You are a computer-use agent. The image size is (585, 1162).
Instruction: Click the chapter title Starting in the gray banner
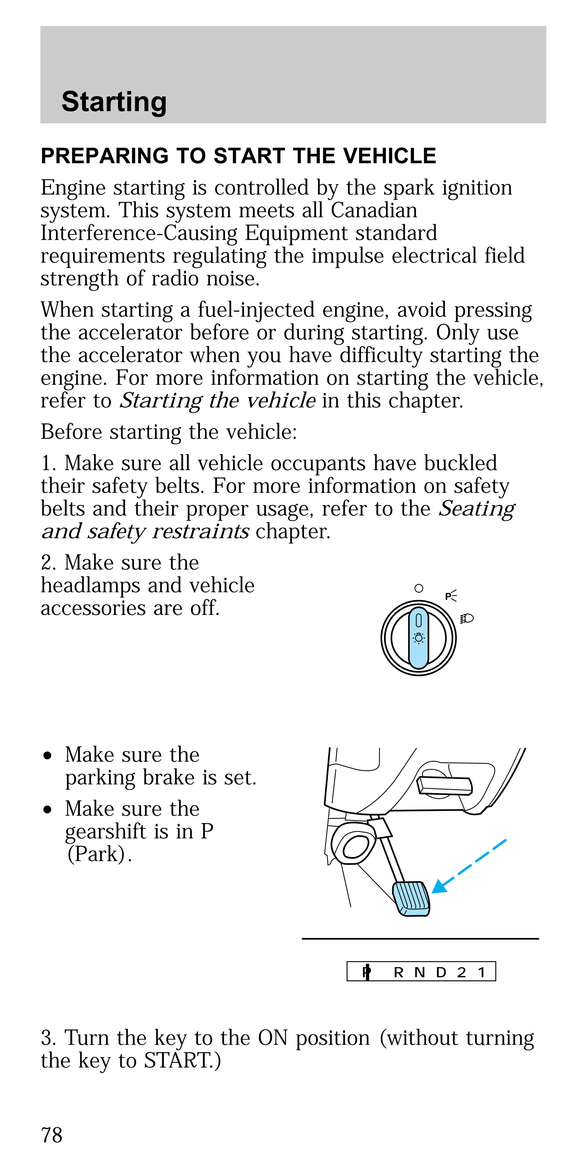point(114,101)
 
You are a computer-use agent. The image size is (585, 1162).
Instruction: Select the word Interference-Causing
point(139,233)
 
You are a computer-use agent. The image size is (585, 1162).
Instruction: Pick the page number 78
point(51,1135)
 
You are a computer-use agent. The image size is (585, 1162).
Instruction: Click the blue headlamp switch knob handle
point(418,638)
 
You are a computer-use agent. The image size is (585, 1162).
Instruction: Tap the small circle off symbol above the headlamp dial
point(418,588)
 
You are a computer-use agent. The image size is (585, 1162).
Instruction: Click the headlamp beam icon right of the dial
point(467,619)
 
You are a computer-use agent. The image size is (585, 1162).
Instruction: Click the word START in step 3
point(178,1061)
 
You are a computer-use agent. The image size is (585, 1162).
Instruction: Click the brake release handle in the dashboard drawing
point(444,785)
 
